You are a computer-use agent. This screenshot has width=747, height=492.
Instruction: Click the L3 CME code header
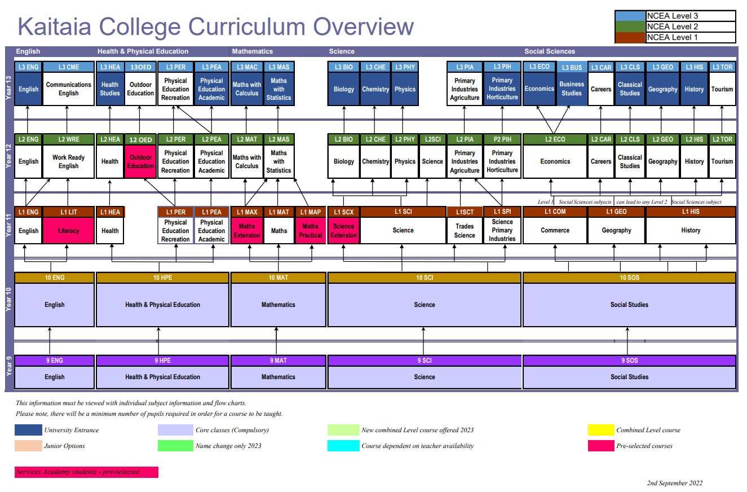(69, 67)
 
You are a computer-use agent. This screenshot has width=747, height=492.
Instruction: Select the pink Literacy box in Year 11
(69, 231)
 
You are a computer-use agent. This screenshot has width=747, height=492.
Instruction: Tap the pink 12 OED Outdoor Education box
(140, 162)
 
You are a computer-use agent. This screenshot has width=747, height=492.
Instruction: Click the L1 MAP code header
(310, 212)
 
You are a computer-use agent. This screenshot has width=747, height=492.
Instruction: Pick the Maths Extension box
(247, 231)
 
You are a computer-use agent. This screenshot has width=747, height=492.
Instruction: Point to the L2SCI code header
(432, 139)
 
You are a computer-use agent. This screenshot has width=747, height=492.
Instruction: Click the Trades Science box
(465, 231)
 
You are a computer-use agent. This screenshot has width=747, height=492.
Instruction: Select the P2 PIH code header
(502, 139)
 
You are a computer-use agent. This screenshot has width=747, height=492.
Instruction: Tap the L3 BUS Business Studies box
(572, 89)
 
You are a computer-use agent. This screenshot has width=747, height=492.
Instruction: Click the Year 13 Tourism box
(722, 89)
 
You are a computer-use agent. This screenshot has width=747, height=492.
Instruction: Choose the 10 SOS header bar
(629, 278)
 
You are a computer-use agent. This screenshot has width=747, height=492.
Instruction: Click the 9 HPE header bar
(163, 361)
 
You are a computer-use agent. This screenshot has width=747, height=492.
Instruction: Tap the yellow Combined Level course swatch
(600, 430)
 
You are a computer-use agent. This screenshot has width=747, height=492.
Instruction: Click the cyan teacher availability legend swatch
(343, 446)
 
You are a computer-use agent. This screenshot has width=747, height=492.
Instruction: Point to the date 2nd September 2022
(674, 483)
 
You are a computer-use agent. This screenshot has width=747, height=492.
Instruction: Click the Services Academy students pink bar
(86, 472)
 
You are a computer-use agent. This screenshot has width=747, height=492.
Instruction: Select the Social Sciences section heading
(550, 51)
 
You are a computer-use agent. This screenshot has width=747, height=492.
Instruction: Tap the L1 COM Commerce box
(555, 230)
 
